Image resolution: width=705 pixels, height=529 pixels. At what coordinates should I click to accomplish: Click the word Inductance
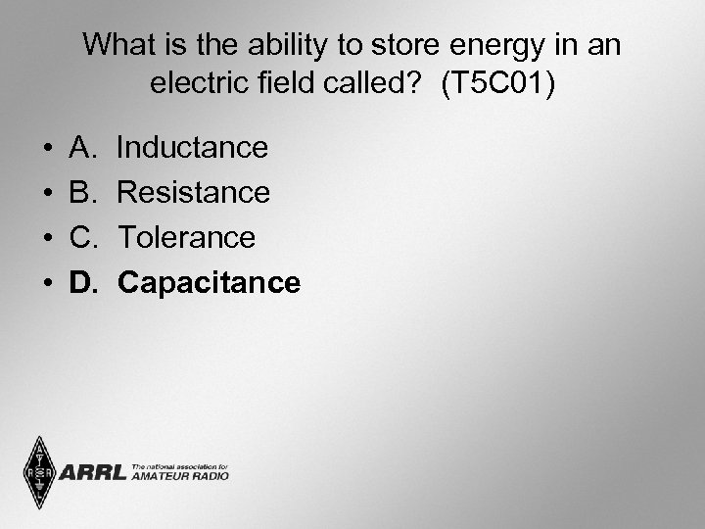pyautogui.click(x=192, y=148)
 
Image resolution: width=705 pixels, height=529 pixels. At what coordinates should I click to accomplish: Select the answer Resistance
pyautogui.click(x=193, y=193)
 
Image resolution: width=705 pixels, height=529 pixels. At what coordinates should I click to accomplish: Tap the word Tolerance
pyautogui.click(x=186, y=238)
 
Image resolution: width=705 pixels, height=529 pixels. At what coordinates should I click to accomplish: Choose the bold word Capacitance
pyautogui.click(x=209, y=283)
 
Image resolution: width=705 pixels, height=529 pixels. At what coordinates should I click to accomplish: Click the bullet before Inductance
pyautogui.click(x=48, y=149)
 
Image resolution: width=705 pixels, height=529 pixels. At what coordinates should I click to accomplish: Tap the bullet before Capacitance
pyautogui.click(x=48, y=284)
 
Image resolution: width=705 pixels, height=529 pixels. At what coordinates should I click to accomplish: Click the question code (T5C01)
pyautogui.click(x=497, y=83)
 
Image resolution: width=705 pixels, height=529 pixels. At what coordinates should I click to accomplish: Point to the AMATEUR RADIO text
pyautogui.click(x=180, y=476)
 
